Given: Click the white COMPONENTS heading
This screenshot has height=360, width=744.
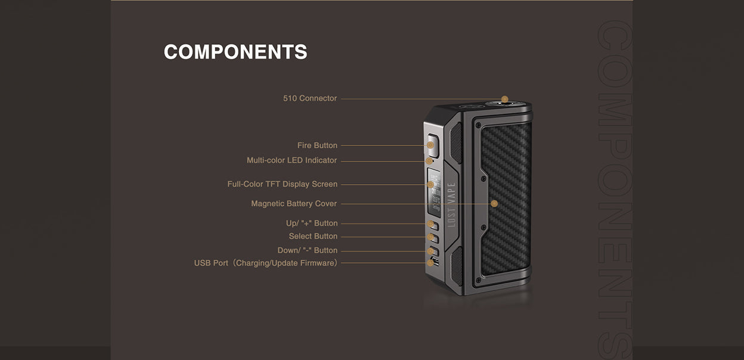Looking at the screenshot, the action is pyautogui.click(x=235, y=52).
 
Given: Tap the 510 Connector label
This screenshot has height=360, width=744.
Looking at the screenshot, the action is pyautogui.click(x=310, y=98).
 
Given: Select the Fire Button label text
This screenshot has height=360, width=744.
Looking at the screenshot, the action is pyautogui.click(x=317, y=145).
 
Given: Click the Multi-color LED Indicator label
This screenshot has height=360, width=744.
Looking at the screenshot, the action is pyautogui.click(x=292, y=160).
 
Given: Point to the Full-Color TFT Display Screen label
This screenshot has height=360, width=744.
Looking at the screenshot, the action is pyautogui.click(x=283, y=184).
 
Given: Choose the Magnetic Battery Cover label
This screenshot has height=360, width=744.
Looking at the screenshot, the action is pyautogui.click(x=294, y=204).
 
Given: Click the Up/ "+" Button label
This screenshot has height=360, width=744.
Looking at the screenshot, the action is pyautogui.click(x=312, y=223).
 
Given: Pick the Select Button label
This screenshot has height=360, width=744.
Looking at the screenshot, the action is pyautogui.click(x=313, y=236).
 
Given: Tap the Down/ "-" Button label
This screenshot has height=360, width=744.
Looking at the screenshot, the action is pyautogui.click(x=308, y=250).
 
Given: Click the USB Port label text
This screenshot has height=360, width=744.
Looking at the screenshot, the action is pyautogui.click(x=266, y=263).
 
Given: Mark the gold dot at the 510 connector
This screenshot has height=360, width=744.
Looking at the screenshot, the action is pyautogui.click(x=504, y=99).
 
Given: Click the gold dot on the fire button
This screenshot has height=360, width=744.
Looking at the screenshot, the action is pyautogui.click(x=430, y=145).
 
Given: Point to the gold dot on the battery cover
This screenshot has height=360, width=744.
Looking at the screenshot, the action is pyautogui.click(x=494, y=204).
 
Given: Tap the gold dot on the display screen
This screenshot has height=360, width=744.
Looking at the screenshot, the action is pyautogui.click(x=430, y=184).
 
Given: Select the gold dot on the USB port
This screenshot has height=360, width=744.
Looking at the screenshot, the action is pyautogui.click(x=430, y=263).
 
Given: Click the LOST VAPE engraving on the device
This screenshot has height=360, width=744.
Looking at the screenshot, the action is pyautogui.click(x=451, y=204).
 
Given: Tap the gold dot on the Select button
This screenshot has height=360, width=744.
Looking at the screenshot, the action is pyautogui.click(x=430, y=237).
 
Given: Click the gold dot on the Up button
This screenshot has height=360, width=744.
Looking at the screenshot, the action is pyautogui.click(x=430, y=224).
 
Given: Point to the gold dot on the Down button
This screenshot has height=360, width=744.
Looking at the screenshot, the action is pyautogui.click(x=430, y=251).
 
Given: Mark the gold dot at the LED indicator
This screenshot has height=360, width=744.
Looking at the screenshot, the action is pyautogui.click(x=429, y=161).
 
